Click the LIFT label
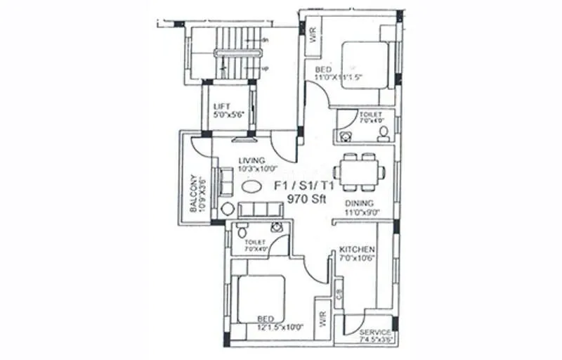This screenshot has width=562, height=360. [x=221, y=106]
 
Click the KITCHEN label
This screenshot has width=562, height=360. [x=357, y=250]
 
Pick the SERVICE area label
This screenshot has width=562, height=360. [x=374, y=332]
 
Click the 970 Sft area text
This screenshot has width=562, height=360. [x=306, y=199]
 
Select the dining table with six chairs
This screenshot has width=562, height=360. [x=359, y=172]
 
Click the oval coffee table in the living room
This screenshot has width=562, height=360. [x=251, y=186]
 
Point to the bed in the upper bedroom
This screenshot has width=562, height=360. [x=365, y=65]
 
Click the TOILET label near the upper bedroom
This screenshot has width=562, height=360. [x=370, y=114]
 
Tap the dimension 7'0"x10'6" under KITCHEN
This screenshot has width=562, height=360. [x=357, y=259]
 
